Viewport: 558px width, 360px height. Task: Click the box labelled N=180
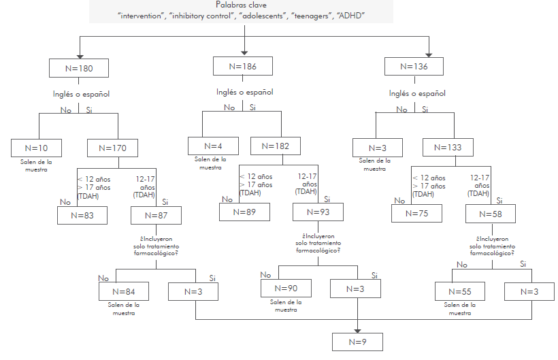(x=80, y=69)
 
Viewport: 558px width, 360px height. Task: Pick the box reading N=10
(x=37, y=147)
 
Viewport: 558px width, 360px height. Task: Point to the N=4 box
(x=214, y=146)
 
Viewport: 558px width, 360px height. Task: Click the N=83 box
(x=82, y=215)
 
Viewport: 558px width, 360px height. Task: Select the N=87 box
(x=157, y=215)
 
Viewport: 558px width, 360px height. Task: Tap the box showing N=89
(x=244, y=212)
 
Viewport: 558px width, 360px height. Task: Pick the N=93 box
(x=318, y=212)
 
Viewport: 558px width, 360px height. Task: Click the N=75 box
(x=416, y=213)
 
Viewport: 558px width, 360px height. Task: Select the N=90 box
(x=286, y=288)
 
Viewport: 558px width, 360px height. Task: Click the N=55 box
(x=461, y=291)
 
